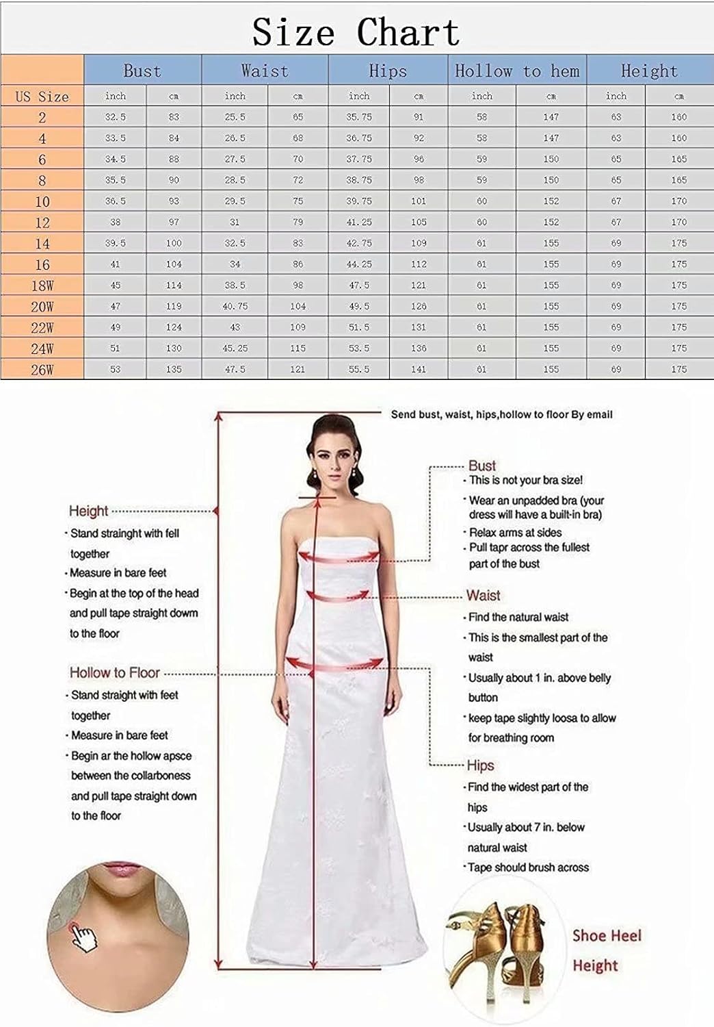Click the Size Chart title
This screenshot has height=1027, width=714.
coord(356,31)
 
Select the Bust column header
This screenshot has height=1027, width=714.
coord(142,71)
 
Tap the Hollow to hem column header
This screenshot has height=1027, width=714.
coord(517,71)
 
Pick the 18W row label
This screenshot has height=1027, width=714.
coord(42,286)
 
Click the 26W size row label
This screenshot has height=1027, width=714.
coord(42,370)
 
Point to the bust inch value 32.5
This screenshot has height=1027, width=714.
coord(115,117)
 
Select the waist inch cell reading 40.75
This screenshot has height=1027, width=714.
coord(235,306)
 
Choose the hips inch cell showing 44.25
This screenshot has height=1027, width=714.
coord(358,264)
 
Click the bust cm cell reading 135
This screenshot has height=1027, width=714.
coord(174,369)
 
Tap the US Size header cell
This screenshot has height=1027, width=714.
coord(42,97)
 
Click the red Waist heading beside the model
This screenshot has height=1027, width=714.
coord(483,595)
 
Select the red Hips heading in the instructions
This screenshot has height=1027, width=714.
coord(480,765)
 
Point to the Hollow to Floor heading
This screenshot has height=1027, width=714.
coord(114,672)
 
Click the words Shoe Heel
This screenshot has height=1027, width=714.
coord(607,935)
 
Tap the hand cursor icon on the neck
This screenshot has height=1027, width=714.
coord(83,937)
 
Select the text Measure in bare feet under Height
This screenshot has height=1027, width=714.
coord(118,572)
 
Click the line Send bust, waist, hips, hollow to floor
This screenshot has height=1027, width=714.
coord(501,414)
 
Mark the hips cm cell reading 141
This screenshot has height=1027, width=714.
coord(419,369)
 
